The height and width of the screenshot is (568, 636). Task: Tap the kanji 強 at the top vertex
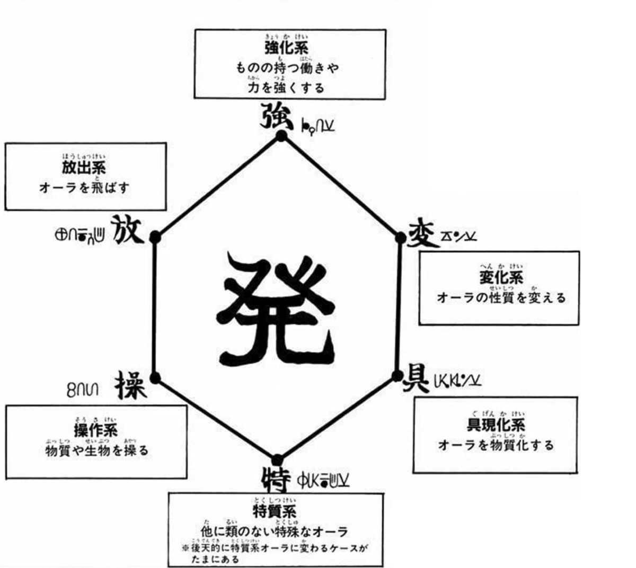pyautogui.click(x=276, y=115)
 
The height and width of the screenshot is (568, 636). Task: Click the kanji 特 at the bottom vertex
pyautogui.click(x=276, y=478)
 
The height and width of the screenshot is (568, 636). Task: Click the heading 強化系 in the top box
pyautogui.click(x=286, y=48)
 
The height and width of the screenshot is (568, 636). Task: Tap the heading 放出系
pyautogui.click(x=84, y=168)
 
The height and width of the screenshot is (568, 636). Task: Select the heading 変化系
pyautogui.click(x=501, y=277)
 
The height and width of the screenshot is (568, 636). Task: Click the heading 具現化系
pyautogui.click(x=496, y=425)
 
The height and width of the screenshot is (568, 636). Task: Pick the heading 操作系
pyautogui.click(x=96, y=430)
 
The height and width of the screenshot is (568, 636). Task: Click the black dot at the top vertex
pyautogui.click(x=281, y=137)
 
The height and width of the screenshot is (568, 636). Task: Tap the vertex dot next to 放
pyautogui.click(x=155, y=237)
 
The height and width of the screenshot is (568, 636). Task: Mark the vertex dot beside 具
pyautogui.click(x=397, y=376)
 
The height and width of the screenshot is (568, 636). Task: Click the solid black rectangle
pyautogui.click(x=608, y=345)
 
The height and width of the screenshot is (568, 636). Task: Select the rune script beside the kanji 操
pyautogui.click(x=83, y=390)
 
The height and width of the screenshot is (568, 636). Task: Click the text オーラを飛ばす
pyautogui.click(x=84, y=187)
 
